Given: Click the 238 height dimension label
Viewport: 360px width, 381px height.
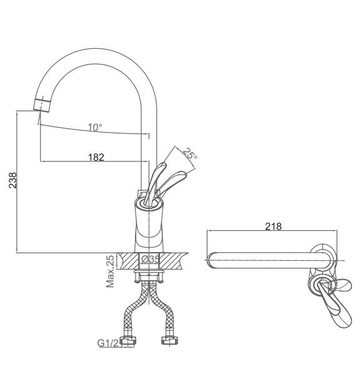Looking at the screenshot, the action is [x=13, y=180].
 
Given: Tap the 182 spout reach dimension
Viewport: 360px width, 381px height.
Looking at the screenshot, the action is [x=96, y=157].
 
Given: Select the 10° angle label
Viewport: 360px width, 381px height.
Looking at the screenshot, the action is [x=95, y=127].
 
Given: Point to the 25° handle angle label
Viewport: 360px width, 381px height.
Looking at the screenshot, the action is [x=190, y=154].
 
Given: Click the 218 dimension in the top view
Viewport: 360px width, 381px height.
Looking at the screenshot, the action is [x=273, y=226].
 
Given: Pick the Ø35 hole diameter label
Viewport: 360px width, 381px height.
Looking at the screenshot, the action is [x=150, y=259].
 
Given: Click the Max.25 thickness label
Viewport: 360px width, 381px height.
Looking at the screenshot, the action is [x=110, y=271].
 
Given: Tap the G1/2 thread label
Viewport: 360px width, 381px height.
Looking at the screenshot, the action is [x=108, y=343].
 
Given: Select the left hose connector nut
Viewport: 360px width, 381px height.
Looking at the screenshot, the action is [x=128, y=340].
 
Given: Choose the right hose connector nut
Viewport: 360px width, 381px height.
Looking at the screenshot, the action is [x=169, y=340].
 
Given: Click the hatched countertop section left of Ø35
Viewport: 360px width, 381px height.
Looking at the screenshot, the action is [x=127, y=261].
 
